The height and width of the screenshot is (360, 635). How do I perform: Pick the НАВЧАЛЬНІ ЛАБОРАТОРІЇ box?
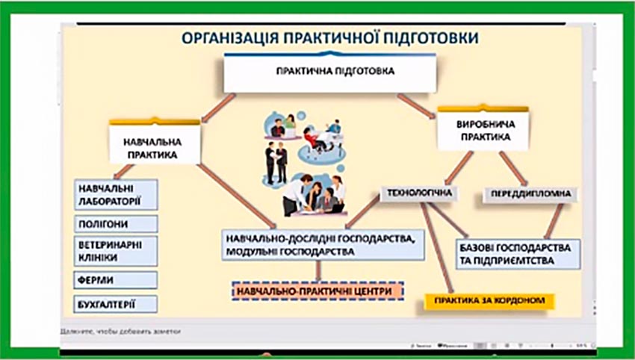click(x=117, y=195)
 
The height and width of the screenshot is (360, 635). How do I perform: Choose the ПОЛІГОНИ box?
click(x=117, y=224)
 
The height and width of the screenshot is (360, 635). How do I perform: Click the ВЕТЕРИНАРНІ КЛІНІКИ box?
click(x=117, y=251)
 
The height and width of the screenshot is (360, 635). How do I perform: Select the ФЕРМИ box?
click(x=117, y=279)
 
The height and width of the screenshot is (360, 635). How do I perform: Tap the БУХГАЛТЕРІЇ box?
click(x=117, y=305)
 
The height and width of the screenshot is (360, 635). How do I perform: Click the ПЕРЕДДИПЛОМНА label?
click(x=531, y=194)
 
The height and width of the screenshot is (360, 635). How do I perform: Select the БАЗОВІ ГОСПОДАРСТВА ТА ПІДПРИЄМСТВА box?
click(x=517, y=254)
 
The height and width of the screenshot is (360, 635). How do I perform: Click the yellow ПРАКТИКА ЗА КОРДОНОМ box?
click(x=489, y=302)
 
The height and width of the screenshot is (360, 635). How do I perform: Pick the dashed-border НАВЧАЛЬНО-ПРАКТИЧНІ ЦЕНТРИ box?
click(x=317, y=291)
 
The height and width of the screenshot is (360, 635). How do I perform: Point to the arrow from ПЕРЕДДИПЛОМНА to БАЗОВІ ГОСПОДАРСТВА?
click(x=554, y=220)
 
